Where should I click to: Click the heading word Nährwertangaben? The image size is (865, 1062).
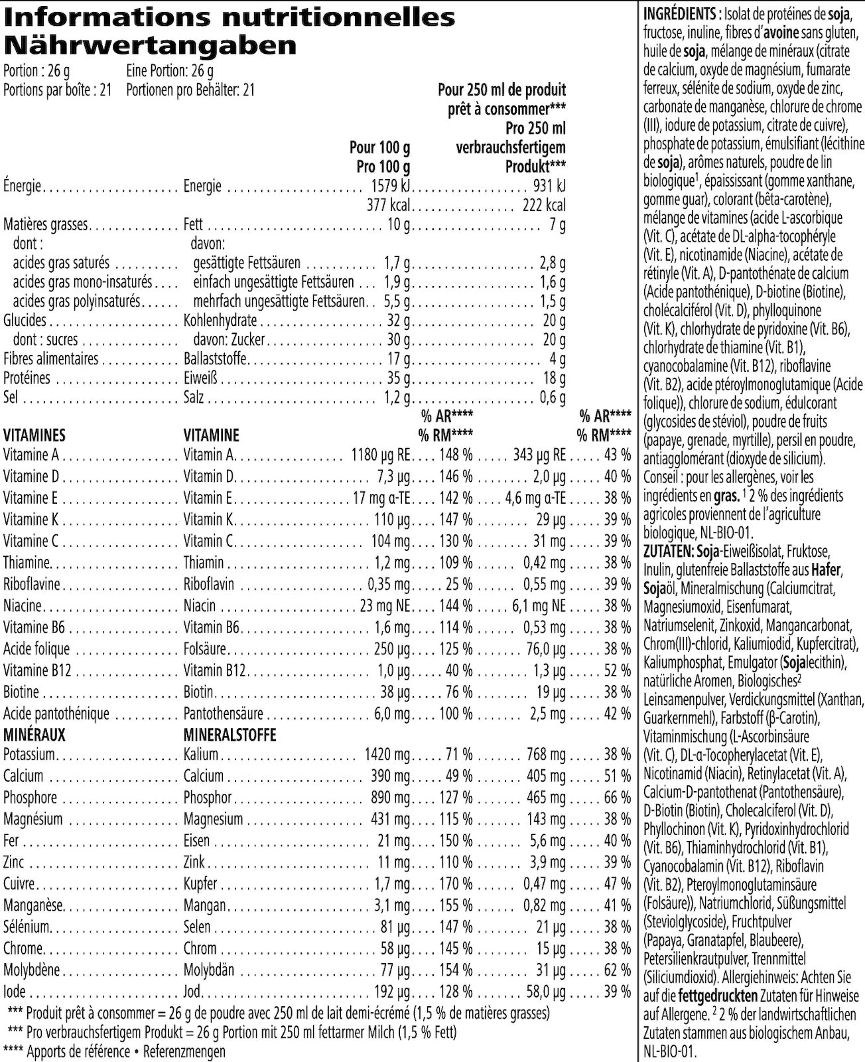pyautogui.click(x=150, y=46)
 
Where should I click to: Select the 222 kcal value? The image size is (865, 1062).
pyautogui.click(x=544, y=206)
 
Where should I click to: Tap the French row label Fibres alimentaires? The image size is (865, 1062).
pyautogui.click(x=51, y=359)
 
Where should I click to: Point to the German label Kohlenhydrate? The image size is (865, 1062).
pyautogui.click(x=220, y=321)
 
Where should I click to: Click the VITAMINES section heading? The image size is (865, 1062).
pyautogui.click(x=34, y=435)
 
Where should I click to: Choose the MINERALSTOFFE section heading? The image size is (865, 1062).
pyautogui.click(x=230, y=735)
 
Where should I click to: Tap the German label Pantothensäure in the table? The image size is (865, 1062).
pyautogui.click(x=224, y=714)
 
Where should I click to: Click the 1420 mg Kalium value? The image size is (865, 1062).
pyautogui.click(x=387, y=755)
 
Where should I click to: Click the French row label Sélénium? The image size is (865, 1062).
pyautogui.click(x=27, y=927)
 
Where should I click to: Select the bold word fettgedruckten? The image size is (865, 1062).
pyautogui.click(x=718, y=996)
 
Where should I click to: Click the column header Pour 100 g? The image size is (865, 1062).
pyautogui.click(x=380, y=147)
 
